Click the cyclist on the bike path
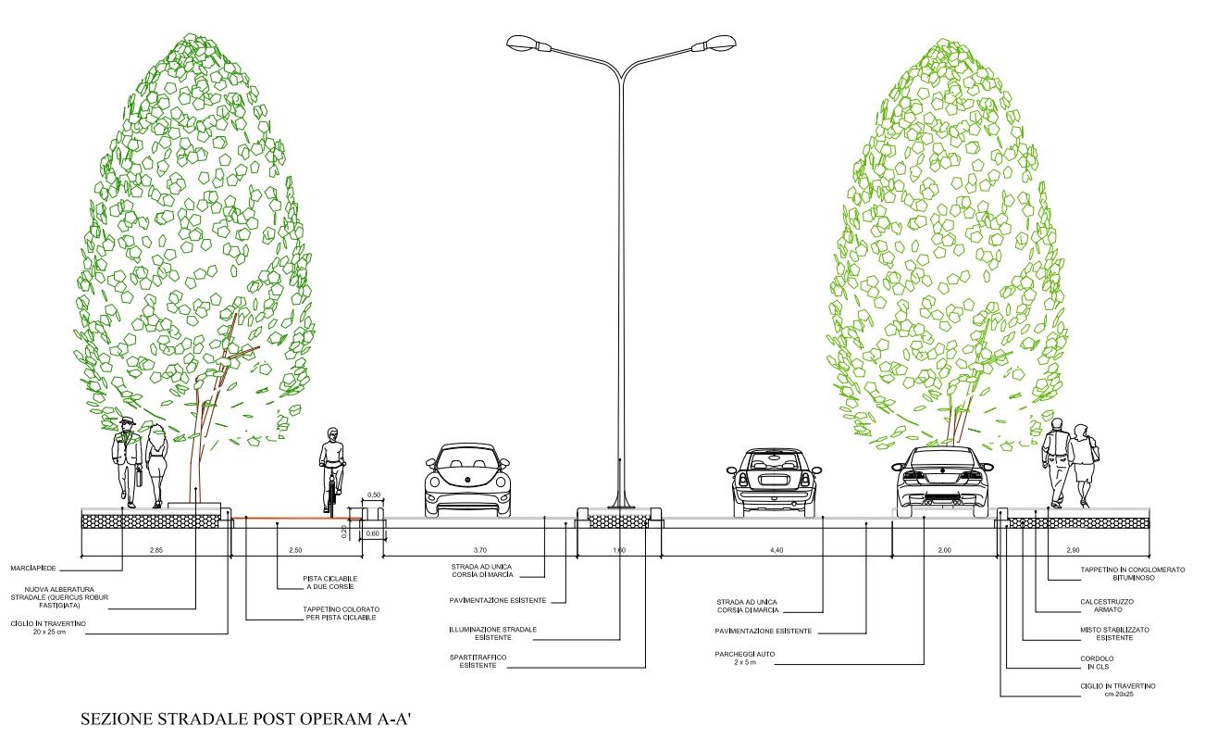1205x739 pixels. coord(332,471)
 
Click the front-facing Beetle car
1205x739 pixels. coord(467,480)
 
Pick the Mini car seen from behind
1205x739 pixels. coord(774,482)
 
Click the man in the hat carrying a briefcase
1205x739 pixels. coord(127,463)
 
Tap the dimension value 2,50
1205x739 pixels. coord(295,550)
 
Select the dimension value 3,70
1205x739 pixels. coord(479,550)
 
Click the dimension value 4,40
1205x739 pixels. coord(776,550)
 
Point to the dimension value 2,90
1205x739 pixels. coord(1073,550)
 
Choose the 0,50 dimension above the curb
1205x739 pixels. coord(374,495)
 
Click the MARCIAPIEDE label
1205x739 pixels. coord(33,569)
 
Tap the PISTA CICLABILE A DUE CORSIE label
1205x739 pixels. coord(329,582)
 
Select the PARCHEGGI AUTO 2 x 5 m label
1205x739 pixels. coord(744,658)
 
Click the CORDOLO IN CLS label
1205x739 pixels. coord(1097,662)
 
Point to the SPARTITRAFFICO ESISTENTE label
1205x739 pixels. coord(478,661)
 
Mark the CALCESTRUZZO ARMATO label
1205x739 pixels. coord(1107,606)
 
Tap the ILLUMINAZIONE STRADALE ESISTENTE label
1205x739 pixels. coord(492,633)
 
